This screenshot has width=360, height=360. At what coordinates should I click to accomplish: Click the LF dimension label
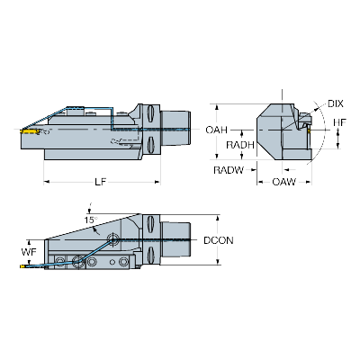click(102, 183)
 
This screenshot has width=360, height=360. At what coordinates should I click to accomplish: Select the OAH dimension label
click(217, 130)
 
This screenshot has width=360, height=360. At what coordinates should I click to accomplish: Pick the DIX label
click(336, 103)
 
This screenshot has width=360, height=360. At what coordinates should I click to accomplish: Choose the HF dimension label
click(339, 123)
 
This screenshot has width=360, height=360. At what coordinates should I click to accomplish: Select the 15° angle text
click(90, 220)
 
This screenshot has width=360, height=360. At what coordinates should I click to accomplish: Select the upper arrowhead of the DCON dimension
click(218, 217)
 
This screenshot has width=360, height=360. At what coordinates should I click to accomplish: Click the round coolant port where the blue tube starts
click(114, 239)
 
